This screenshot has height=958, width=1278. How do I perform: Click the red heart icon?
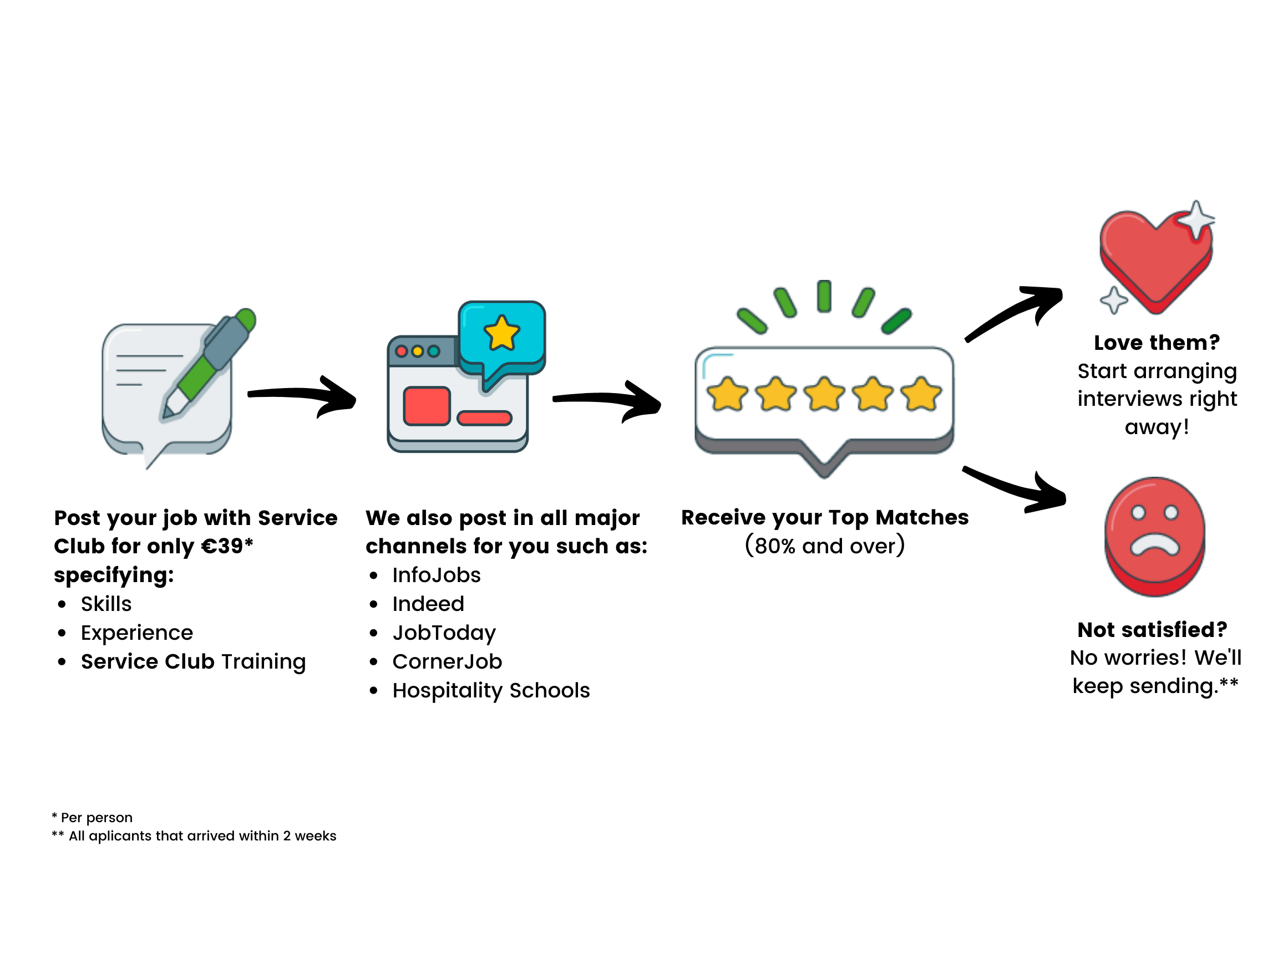click(1155, 260)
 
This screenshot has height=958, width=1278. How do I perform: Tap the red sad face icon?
click(1155, 534)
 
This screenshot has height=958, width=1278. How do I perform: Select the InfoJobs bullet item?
click(436, 575)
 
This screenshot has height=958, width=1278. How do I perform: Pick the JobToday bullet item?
click(444, 633)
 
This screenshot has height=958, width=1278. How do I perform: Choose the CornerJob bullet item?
click(447, 662)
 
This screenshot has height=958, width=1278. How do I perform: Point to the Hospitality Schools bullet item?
click(491, 691)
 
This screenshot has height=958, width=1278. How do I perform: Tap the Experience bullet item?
click(137, 633)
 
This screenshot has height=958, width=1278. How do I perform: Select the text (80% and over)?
click(824, 546)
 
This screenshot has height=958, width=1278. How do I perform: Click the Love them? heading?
click(1157, 343)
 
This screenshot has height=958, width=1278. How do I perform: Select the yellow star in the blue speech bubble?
click(501, 334)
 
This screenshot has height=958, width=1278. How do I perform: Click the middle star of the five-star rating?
click(824, 394)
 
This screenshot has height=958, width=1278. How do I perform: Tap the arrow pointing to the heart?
click(1017, 312)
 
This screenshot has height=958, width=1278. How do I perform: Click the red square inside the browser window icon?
click(427, 406)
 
